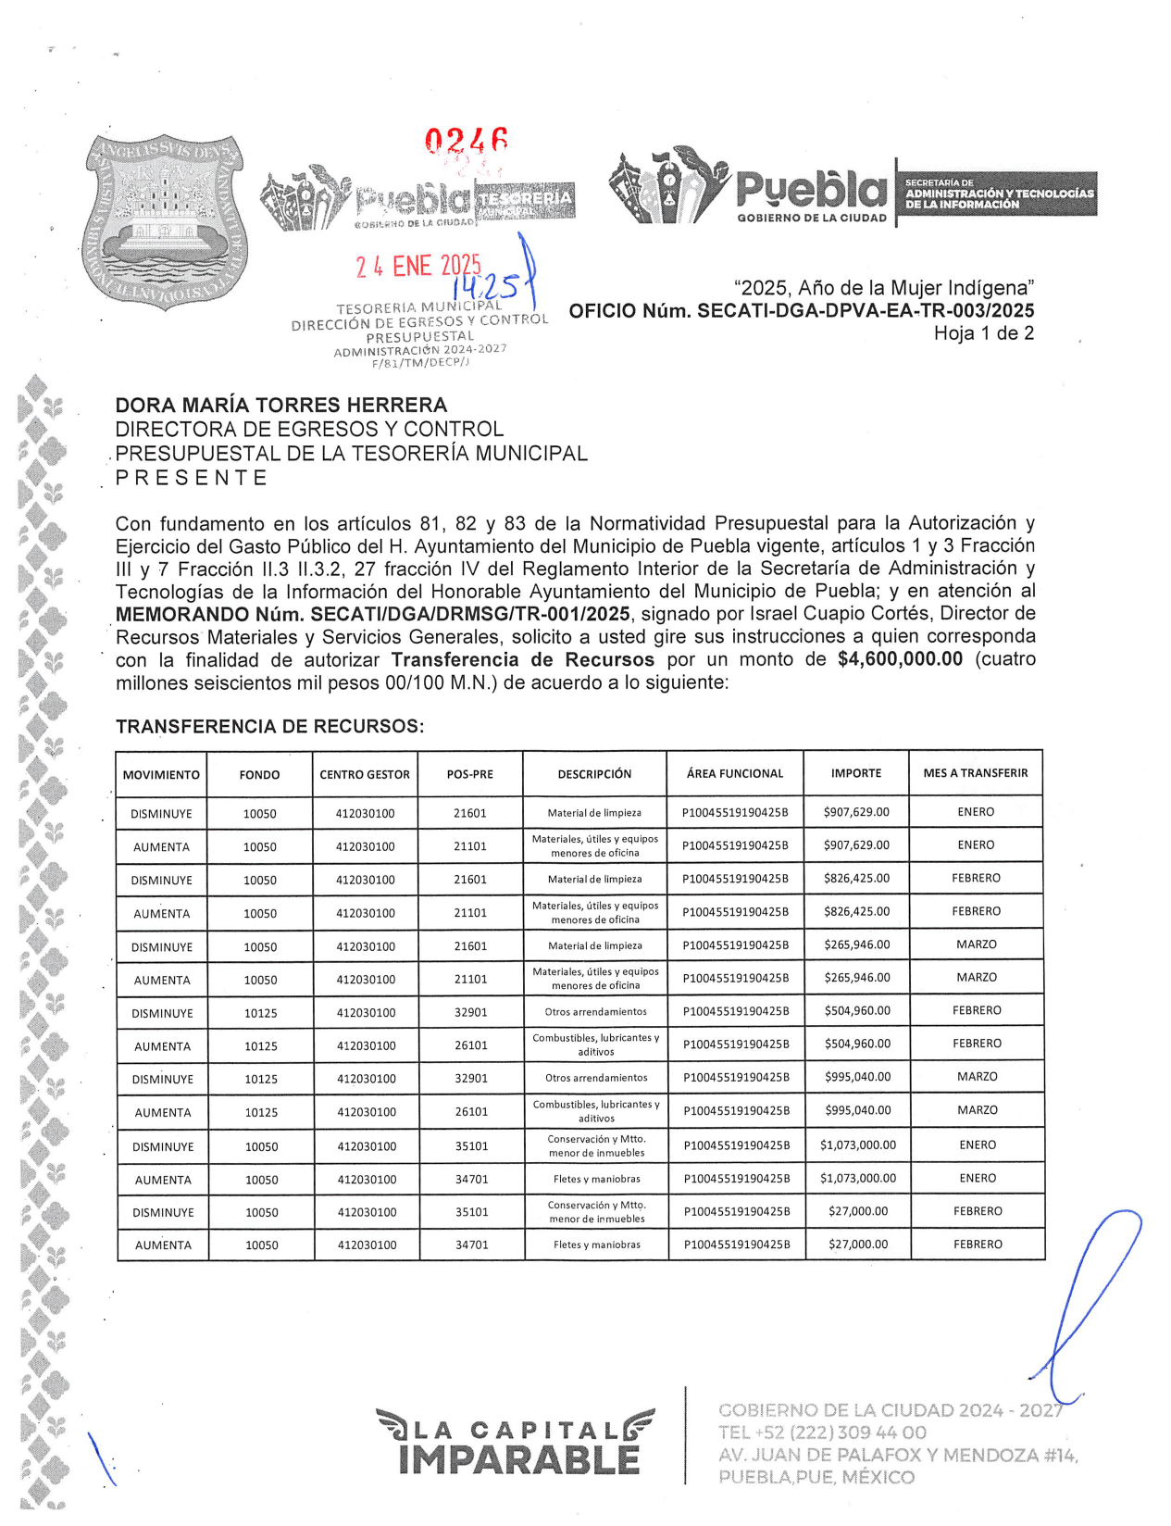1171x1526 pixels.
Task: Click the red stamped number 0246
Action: coord(466,142)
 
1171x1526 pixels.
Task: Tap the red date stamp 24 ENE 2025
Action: coord(417,267)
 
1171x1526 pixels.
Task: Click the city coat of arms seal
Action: coord(163,220)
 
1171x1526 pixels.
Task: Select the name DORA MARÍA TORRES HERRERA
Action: coord(280,405)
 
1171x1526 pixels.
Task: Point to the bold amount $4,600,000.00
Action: coord(899,659)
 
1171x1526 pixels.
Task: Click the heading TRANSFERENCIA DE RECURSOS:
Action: coord(269,727)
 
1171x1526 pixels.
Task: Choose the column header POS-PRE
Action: coord(470,774)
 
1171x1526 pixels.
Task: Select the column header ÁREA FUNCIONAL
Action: coord(735,773)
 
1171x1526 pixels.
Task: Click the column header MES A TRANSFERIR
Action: coord(976,773)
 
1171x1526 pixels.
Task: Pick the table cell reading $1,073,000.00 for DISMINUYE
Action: coord(858,1145)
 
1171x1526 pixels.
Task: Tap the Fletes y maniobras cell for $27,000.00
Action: coord(597,1245)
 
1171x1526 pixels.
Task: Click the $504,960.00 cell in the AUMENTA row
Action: coord(857,1044)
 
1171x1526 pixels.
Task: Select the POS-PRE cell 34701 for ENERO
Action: coord(472,1179)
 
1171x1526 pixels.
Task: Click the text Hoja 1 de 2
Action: coord(983,333)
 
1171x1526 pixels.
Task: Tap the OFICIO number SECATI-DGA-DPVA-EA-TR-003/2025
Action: coord(866,311)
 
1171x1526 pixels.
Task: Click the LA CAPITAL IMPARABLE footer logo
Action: coord(515,1443)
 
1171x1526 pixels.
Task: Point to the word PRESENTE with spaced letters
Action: coord(192,478)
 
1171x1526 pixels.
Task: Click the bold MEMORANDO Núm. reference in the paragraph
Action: coord(373,614)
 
